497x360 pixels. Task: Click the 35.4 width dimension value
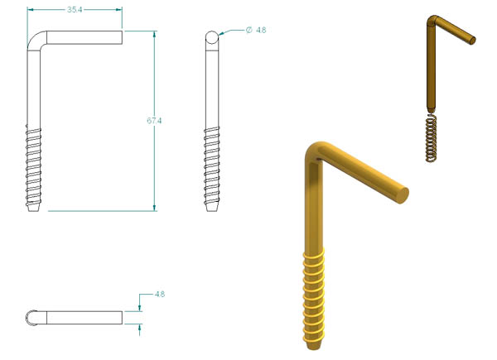pyautogui.click(x=75, y=10)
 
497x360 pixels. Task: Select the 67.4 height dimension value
pyautogui.click(x=154, y=121)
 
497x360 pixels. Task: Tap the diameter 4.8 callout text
pyautogui.click(x=256, y=30)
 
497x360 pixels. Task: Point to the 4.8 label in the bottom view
pyautogui.click(x=160, y=294)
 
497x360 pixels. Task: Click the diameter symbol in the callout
pyautogui.click(x=249, y=30)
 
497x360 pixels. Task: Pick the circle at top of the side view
pyautogui.click(x=212, y=37)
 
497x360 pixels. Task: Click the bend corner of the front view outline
pyautogui.click(x=34, y=38)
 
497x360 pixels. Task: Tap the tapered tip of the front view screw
pyautogui.click(x=34, y=208)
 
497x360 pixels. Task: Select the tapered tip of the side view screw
pyautogui.click(x=212, y=208)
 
